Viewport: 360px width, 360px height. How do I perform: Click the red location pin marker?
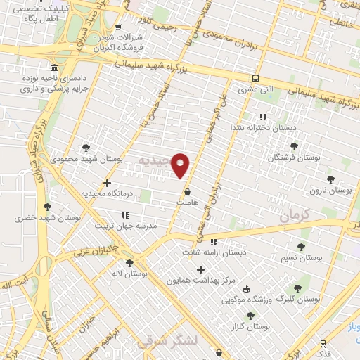point(181,165)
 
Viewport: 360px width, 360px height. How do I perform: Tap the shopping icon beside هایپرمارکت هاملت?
point(186,191)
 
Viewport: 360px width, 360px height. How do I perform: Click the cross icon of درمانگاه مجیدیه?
point(107,184)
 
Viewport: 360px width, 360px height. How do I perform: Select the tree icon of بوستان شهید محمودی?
point(86,148)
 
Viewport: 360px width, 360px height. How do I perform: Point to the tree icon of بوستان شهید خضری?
point(47,207)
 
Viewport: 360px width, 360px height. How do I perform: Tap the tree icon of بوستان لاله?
point(129,263)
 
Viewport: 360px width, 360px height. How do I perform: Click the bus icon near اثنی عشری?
point(256,79)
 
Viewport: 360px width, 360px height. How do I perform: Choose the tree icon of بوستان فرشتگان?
point(294,146)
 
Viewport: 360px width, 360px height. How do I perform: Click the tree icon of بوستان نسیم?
point(301,247)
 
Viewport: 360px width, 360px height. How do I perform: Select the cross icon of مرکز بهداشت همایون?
point(201,269)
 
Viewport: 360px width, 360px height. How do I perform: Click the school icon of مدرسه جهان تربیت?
point(125,215)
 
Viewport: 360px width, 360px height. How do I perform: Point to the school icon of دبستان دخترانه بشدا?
point(262,117)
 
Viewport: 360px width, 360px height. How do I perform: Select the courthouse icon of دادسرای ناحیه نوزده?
point(56,67)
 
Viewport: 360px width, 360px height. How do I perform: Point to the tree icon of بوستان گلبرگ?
point(297,288)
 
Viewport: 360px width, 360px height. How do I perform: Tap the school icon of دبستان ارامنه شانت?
point(214,242)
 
